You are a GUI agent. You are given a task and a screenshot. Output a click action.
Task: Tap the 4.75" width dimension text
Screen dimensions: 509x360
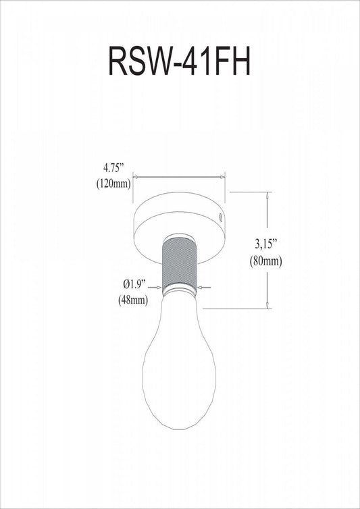click(115, 166)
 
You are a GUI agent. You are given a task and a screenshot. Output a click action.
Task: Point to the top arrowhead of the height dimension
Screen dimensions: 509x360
click(269, 195)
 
